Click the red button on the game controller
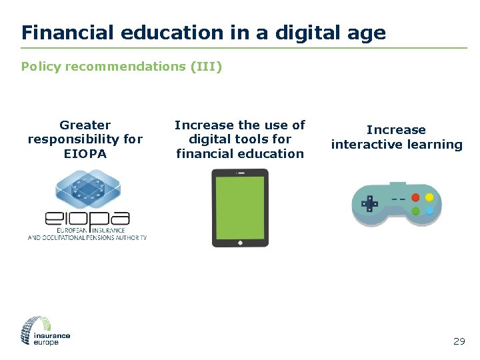pyautogui.click(x=416, y=198)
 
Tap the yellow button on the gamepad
pyautogui.click(x=429, y=198)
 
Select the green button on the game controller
pyautogui.click(x=416, y=211)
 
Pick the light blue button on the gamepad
pyautogui.click(x=429, y=211)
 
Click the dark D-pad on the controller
pyautogui.click(x=368, y=203)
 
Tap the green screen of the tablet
pyautogui.click(x=240, y=207)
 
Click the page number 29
pyautogui.click(x=459, y=341)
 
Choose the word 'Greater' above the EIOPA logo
pyautogui.click(x=85, y=125)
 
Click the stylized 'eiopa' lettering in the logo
pyautogui.click(x=87, y=218)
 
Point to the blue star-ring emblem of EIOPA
pyautogui.click(x=87, y=187)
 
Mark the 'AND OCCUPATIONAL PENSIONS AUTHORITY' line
pyautogui.click(x=87, y=237)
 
